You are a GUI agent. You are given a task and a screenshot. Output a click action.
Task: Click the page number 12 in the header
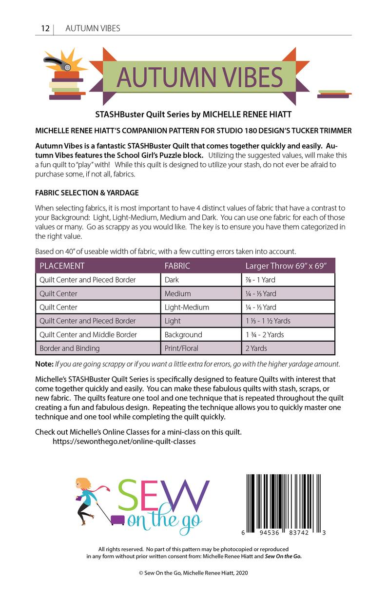(x=44, y=28)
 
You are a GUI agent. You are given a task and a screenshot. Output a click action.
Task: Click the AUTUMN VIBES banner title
(x=200, y=77)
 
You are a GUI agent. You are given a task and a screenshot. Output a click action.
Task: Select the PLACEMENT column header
(x=62, y=266)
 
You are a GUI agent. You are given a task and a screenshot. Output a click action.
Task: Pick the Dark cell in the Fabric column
(x=172, y=280)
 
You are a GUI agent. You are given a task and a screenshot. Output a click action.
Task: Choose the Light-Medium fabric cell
(x=187, y=307)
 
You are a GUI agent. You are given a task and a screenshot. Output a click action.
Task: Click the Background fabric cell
(x=183, y=334)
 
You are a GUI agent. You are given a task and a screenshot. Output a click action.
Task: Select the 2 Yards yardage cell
(x=257, y=348)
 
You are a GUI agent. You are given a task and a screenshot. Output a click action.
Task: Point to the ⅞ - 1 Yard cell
(x=261, y=280)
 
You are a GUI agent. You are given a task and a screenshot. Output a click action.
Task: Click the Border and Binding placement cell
(x=70, y=348)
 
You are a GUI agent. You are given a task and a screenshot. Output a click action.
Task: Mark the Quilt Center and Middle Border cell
(x=88, y=334)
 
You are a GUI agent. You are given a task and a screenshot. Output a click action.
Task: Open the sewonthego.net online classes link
(x=124, y=442)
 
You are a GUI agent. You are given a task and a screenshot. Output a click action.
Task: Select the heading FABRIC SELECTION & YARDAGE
(x=87, y=193)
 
